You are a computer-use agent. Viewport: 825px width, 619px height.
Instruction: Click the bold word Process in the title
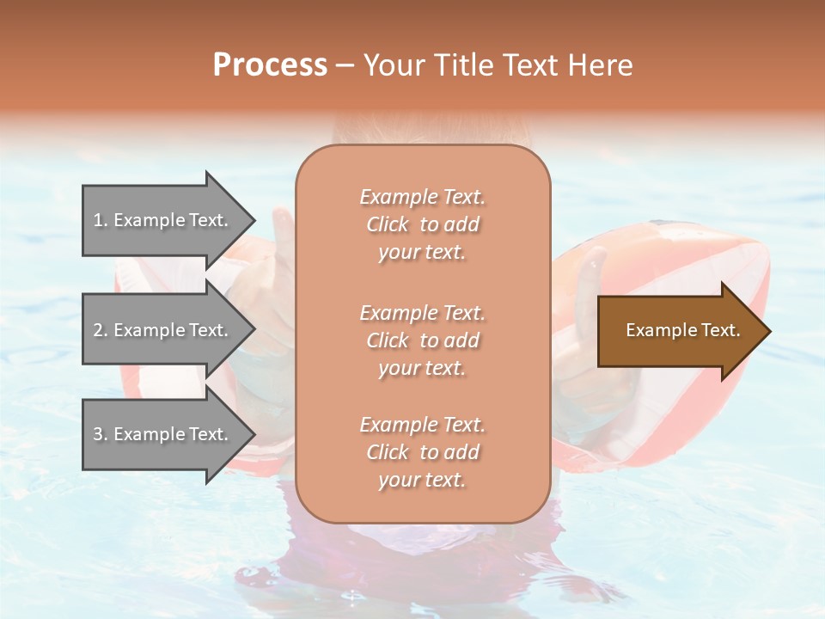pyautogui.click(x=270, y=65)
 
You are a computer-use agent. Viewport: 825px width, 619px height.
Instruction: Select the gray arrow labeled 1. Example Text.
pyautogui.click(x=163, y=221)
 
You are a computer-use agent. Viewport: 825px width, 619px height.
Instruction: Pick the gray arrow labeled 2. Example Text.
pyautogui.click(x=163, y=331)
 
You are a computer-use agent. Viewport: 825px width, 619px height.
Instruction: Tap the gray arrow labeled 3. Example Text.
pyautogui.click(x=163, y=435)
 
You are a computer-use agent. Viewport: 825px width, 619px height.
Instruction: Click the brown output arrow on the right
pyautogui.click(x=679, y=331)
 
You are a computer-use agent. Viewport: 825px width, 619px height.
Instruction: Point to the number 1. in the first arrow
pyautogui.click(x=101, y=221)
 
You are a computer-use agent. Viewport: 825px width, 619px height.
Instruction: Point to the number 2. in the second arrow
pyautogui.click(x=101, y=331)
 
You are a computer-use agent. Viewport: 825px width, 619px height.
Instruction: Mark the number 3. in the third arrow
pyautogui.click(x=101, y=435)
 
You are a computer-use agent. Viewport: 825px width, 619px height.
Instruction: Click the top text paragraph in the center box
pyautogui.click(x=422, y=224)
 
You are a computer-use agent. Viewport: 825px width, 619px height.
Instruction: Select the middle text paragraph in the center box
pyautogui.click(x=422, y=340)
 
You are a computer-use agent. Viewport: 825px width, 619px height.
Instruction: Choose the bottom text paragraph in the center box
pyautogui.click(x=422, y=452)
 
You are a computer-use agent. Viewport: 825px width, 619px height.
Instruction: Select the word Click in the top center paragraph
pyautogui.click(x=388, y=224)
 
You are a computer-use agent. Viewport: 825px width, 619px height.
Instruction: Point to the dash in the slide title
pyautogui.click(x=345, y=66)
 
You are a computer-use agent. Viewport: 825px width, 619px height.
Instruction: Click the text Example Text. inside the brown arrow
pyautogui.click(x=682, y=331)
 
